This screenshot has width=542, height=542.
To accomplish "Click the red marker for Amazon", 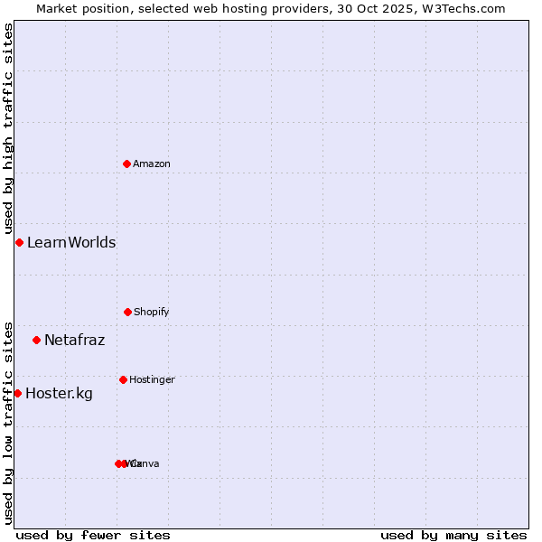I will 126,164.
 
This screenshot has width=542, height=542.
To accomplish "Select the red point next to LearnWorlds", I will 19,242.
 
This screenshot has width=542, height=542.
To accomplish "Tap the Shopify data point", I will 127,312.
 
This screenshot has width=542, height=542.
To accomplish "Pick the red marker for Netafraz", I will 36,340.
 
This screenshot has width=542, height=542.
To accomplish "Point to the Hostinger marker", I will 123,379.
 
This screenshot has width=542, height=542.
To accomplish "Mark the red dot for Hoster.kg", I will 17,393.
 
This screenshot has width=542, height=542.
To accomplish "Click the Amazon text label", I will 152,164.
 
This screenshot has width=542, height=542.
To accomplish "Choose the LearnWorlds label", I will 71,242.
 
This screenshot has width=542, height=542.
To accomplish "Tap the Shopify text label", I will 152,312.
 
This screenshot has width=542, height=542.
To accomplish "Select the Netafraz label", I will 74,340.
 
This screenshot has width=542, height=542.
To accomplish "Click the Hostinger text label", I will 152,379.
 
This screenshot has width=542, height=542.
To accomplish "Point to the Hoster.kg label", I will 59,393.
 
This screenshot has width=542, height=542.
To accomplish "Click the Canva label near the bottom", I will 146,463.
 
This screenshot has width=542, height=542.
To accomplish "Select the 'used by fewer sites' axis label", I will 93,535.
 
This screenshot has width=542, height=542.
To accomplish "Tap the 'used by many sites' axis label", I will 453,535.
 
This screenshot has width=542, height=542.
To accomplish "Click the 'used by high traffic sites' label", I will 8,128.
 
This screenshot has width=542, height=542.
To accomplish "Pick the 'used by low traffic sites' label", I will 8,422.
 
